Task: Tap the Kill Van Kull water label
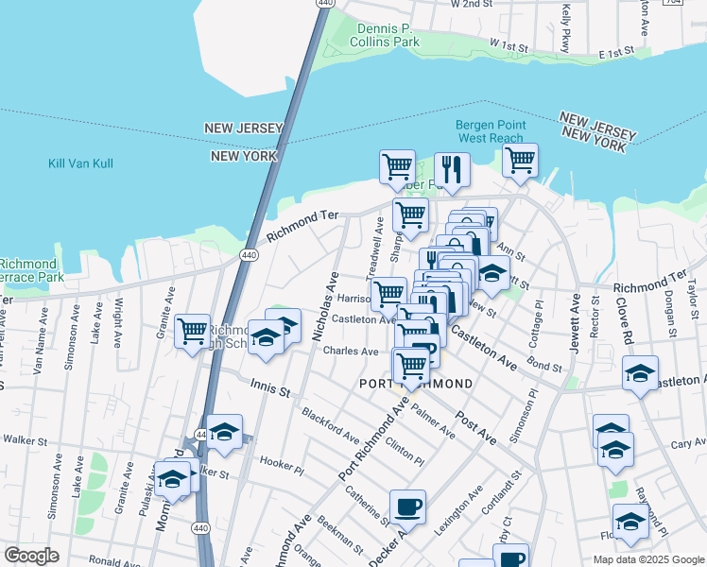(80, 163)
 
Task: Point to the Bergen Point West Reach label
(489, 131)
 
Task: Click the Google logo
(31, 556)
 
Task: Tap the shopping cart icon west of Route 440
(192, 331)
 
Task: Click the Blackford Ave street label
(330, 425)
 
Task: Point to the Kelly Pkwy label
(565, 26)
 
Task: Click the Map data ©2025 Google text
(648, 559)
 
